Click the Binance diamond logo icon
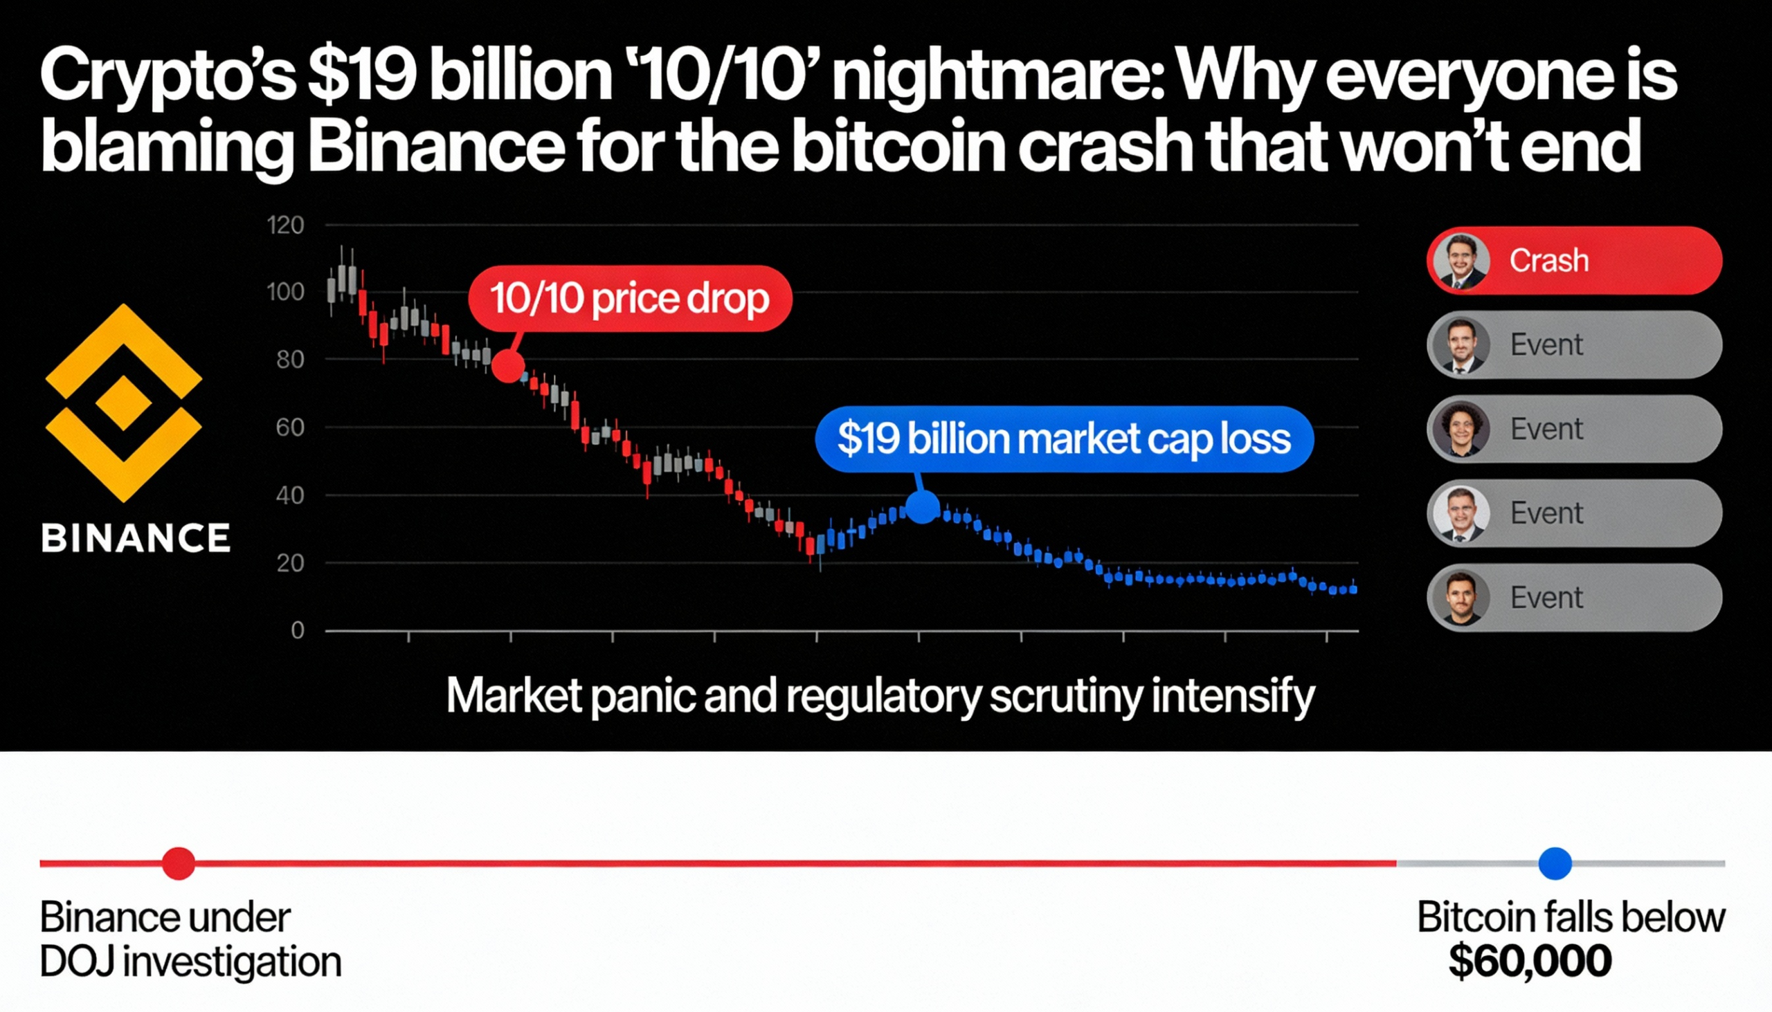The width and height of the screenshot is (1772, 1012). pos(124,403)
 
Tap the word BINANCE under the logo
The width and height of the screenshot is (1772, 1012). pos(136,539)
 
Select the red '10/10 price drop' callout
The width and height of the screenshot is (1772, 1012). pos(630,298)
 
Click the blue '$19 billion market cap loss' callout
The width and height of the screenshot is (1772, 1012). pos(1064,439)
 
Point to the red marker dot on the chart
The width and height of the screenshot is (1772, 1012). pos(508,366)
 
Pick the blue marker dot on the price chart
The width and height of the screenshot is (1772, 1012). pos(923,507)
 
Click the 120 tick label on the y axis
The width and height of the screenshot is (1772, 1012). pos(286,226)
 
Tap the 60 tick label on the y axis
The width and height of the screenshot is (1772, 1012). pos(290,427)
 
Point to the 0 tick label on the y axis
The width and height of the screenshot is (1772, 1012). pos(298,630)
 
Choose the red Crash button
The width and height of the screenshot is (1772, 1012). pos(1574,261)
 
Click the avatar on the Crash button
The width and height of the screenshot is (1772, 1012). pos(1461,261)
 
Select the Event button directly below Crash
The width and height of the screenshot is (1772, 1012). pos(1574,344)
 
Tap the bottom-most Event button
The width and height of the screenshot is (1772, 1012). pos(1574,598)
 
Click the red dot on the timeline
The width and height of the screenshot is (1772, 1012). pos(179,863)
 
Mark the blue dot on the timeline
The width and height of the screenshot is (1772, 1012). pos(1555,863)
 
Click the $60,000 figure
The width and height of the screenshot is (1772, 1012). pos(1530,962)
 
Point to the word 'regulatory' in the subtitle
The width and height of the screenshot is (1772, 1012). pos(884,696)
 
